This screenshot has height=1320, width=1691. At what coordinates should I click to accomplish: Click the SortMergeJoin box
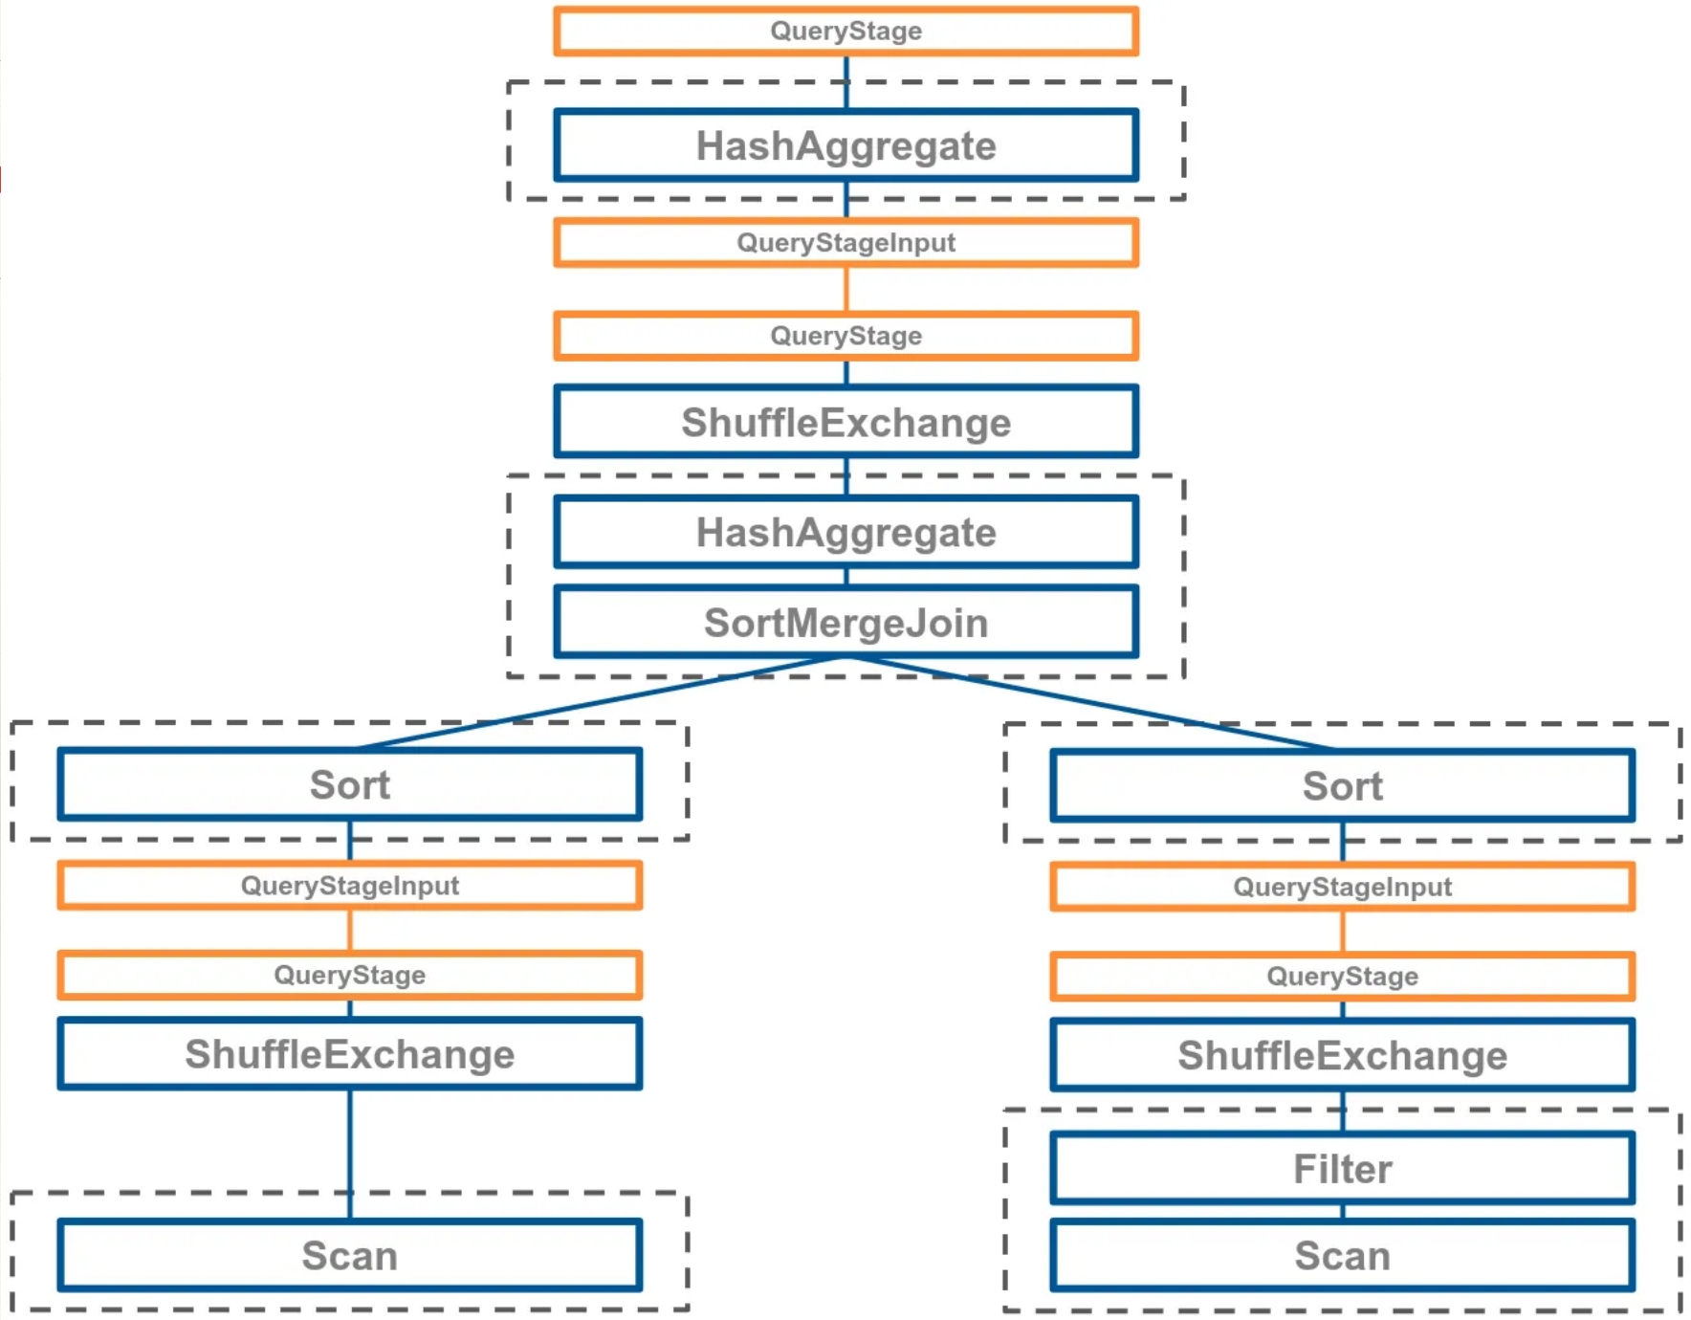pos(846,622)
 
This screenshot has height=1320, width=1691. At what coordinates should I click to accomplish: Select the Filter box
pos(1342,1168)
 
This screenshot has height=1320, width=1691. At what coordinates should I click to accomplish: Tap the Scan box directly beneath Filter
pos(1342,1255)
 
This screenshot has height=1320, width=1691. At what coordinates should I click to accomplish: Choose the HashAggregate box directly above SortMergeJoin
pos(846,532)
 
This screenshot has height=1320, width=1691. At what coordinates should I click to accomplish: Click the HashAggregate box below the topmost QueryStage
pos(846,145)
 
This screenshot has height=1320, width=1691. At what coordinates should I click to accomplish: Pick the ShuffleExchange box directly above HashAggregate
pos(846,422)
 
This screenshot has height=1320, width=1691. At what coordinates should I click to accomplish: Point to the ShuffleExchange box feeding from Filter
pos(1342,1055)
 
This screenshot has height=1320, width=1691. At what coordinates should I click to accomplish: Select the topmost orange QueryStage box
pos(846,31)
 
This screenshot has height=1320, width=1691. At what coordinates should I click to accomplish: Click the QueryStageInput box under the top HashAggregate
pos(846,242)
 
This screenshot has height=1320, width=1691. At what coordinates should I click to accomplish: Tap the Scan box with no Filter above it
pos(350,1255)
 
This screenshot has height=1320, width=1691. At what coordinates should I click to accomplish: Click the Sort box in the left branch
pos(350,784)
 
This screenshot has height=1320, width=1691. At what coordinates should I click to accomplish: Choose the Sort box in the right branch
pos(1342,786)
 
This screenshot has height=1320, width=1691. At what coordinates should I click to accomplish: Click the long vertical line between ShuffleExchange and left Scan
pos(350,1155)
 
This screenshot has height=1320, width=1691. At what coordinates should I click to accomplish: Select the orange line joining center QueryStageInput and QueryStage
pos(846,289)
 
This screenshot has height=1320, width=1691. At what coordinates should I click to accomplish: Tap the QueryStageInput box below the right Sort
pos(1342,887)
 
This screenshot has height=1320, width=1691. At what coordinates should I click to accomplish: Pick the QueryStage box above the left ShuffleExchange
pos(350,975)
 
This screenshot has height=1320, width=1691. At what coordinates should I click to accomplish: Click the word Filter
pos(1342,1169)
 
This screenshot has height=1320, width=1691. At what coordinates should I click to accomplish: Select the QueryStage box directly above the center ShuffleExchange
pos(846,336)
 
